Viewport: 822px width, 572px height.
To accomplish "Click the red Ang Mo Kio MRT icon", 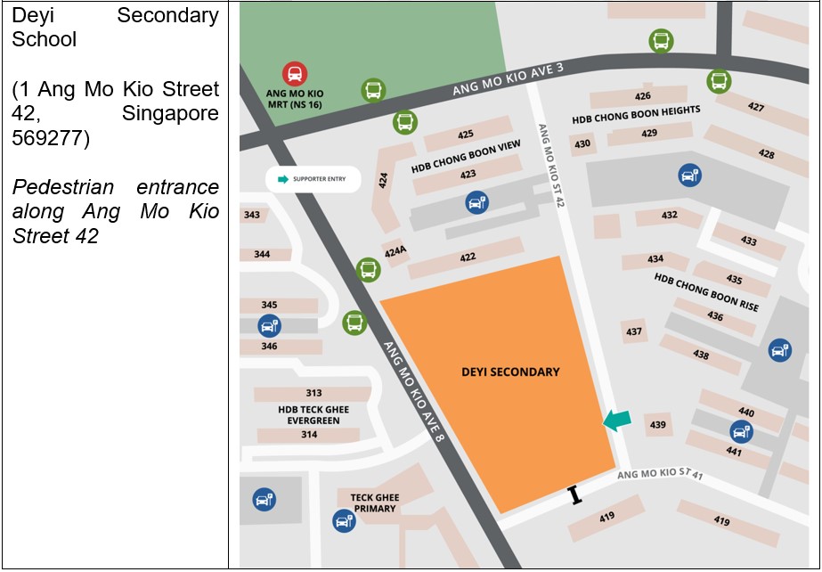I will pos(295,74).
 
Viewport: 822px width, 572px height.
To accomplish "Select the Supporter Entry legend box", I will pos(312,179).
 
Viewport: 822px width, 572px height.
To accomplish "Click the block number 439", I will pos(657,425).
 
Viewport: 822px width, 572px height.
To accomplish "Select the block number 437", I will pos(634,331).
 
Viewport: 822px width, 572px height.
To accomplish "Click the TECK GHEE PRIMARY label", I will pos(373,503).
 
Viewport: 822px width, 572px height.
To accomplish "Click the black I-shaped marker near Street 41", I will pos(575,495).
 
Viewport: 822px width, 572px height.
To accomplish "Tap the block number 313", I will pos(313,393).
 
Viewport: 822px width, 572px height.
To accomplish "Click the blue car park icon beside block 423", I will pos(477,203).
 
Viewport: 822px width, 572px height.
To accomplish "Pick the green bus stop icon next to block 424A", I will pos(368,268).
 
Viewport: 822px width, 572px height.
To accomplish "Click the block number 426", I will pos(643,95).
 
